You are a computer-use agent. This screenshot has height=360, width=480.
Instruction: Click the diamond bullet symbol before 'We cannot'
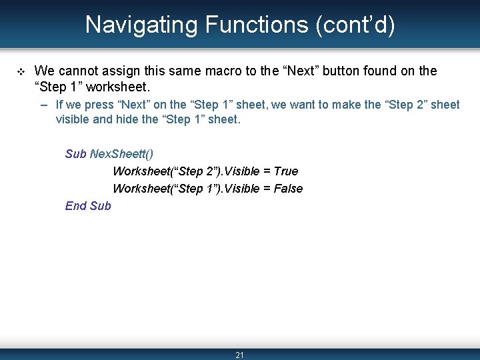pos(20,71)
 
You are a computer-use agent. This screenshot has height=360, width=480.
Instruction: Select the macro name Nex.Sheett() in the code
pos(121,154)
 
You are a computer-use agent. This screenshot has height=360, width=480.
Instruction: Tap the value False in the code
pos(288,189)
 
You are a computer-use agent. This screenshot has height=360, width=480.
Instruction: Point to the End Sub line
pos(88,206)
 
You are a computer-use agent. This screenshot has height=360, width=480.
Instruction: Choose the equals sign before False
pos(267,189)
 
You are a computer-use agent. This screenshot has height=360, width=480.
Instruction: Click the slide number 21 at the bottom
pos(240,355)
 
